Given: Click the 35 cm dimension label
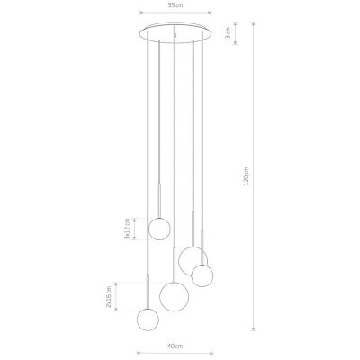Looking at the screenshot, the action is click(175, 5).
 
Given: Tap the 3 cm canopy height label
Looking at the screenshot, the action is click(228, 32).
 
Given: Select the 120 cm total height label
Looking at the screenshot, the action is click(246, 176).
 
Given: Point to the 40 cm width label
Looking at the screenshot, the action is click(175, 346).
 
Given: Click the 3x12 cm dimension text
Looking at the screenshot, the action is click(127, 229).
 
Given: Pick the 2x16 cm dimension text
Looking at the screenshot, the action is click(109, 297).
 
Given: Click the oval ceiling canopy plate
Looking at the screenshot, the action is click(175, 32).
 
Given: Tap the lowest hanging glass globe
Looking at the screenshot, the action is click(148, 319).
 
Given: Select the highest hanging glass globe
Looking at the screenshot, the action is click(159, 229).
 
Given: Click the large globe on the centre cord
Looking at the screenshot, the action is click(175, 296).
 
